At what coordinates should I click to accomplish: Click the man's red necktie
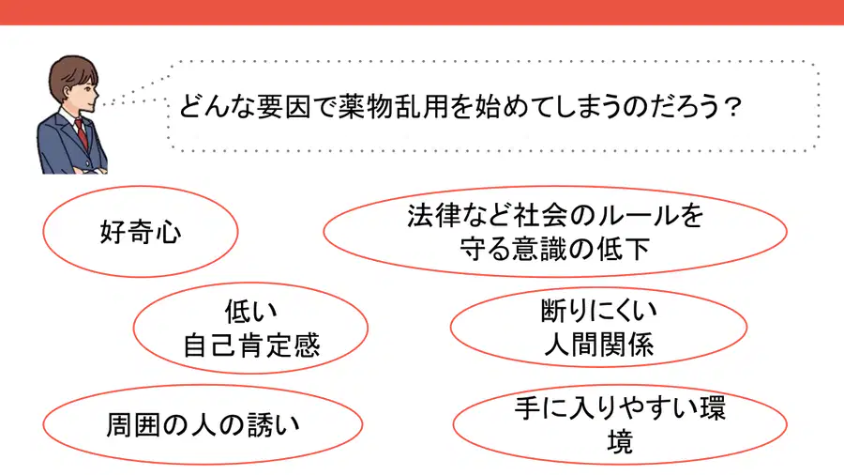coord(82,133)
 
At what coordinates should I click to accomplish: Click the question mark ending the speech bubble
coord(731,107)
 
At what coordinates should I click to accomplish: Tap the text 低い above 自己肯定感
coord(250,312)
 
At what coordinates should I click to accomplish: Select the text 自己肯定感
coord(251,345)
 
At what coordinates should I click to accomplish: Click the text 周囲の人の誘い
coord(203,425)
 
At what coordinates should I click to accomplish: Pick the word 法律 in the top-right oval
coord(434,215)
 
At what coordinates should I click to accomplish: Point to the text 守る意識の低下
coord(555,249)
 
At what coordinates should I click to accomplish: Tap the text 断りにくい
coord(598,311)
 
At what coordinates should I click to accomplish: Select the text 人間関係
coord(598,345)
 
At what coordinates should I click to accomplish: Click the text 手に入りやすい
coord(606,407)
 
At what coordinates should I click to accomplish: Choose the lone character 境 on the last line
coord(620,441)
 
